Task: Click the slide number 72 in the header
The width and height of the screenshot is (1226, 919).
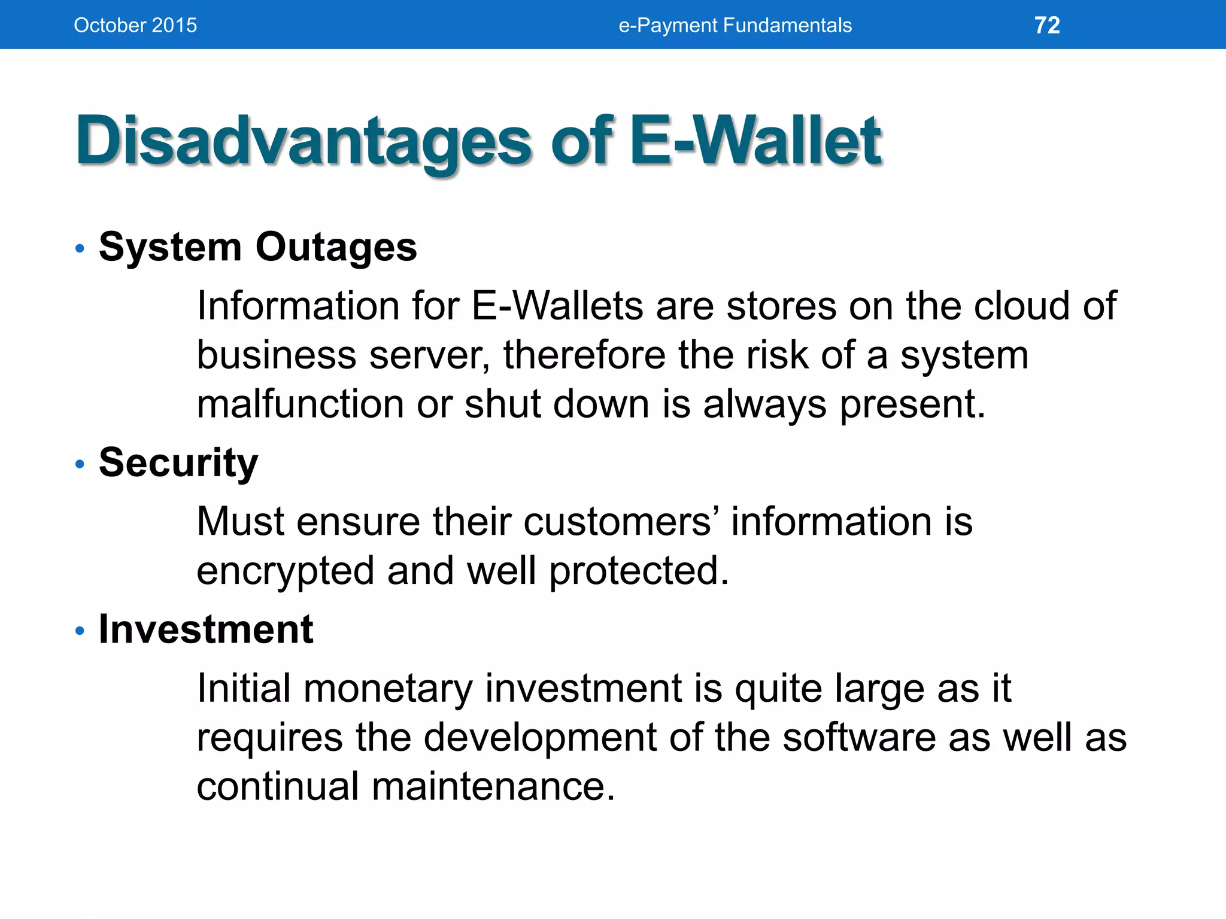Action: (1047, 25)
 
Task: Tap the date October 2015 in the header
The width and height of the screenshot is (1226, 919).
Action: (135, 25)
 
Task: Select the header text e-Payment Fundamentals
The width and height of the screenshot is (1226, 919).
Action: (735, 25)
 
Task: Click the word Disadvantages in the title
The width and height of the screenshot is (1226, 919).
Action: (303, 141)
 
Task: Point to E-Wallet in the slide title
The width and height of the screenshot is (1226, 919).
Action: (755, 140)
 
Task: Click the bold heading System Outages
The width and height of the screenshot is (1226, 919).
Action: (257, 247)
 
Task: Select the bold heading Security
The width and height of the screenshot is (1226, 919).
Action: (178, 462)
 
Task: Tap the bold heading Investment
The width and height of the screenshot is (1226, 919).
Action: (206, 629)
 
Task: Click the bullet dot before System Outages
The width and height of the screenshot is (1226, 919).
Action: (80, 248)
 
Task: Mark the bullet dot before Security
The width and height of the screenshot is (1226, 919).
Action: (80, 464)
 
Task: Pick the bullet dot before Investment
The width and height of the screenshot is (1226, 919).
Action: (80, 631)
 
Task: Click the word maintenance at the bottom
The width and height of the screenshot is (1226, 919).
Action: (493, 786)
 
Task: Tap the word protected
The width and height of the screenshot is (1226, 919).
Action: (639, 570)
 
